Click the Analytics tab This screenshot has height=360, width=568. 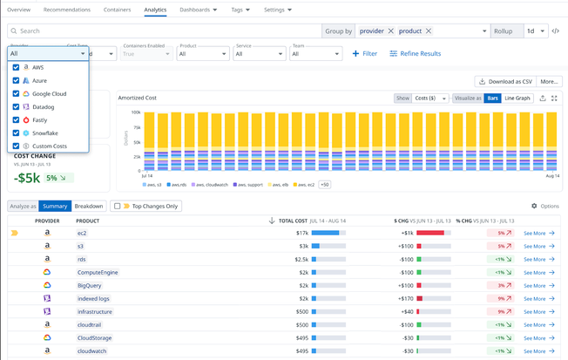click(155, 10)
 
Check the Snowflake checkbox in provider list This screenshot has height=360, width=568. click(17, 132)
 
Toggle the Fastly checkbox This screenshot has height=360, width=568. click(17, 119)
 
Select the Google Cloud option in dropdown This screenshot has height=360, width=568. click(49, 93)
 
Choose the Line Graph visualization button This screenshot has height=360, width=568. click(517, 98)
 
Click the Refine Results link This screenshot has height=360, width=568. click(416, 54)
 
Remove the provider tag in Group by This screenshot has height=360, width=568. click(390, 31)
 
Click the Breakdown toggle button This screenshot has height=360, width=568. click(89, 207)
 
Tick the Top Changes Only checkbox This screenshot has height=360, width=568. click(116, 207)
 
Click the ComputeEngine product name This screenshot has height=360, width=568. click(98, 272)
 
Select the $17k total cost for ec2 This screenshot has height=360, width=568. click(301, 233)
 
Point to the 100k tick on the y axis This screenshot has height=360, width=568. click(136, 112)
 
